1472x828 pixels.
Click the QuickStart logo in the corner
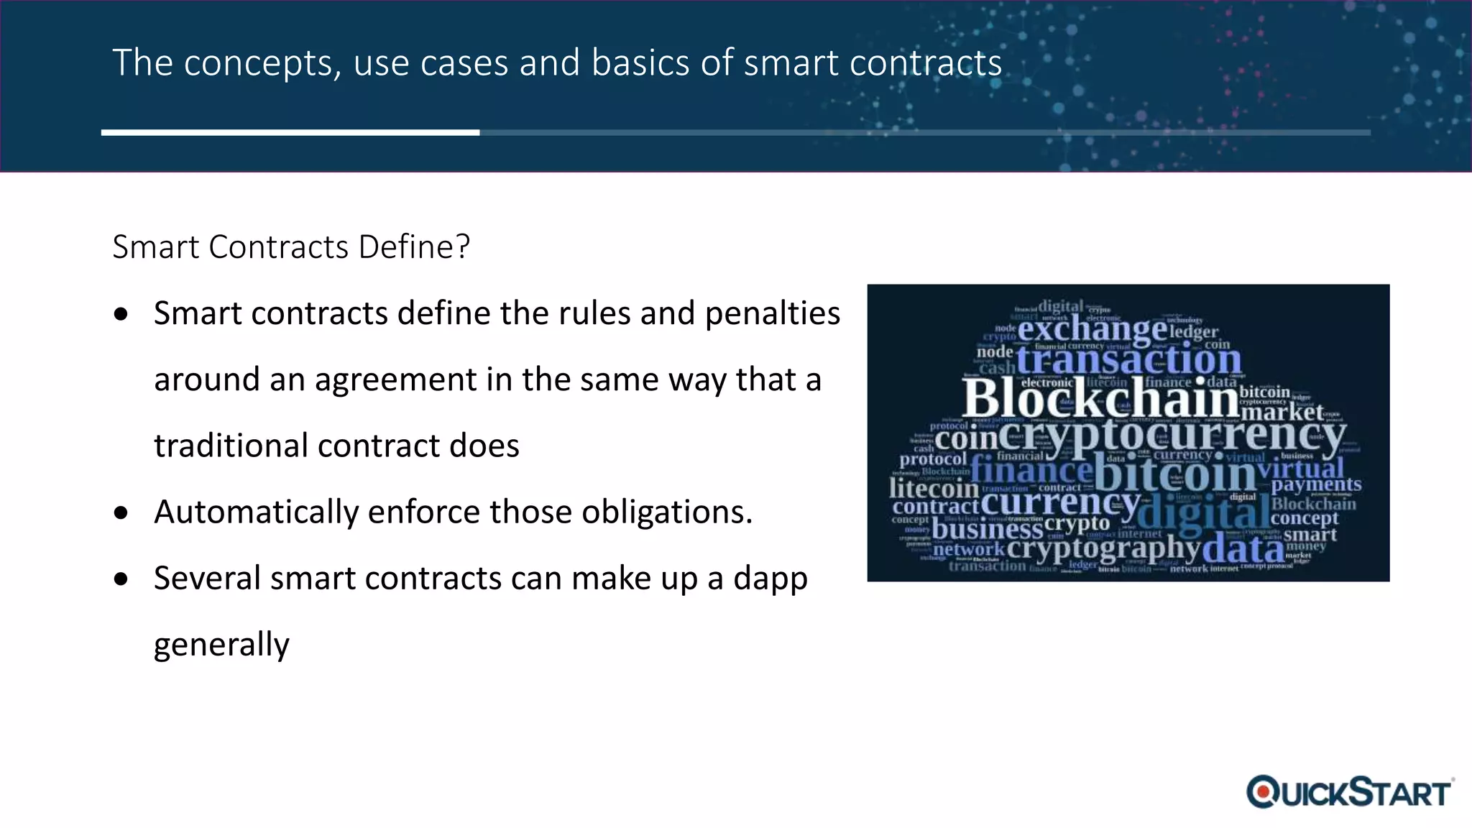tap(1350, 793)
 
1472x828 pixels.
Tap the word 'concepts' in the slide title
tap(262, 63)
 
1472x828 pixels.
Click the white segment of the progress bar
tap(290, 132)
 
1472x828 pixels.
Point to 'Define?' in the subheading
tap(414, 247)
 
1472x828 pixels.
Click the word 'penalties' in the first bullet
tap(772, 313)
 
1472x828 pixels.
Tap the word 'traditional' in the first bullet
tap(231, 446)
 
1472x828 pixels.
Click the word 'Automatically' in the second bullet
tap(256, 512)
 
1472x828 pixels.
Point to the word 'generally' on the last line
tap(221, 645)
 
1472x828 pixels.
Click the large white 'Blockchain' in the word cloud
tap(1100, 399)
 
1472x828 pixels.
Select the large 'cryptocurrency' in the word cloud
tap(1172, 436)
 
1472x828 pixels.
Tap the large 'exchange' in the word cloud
tap(1092, 330)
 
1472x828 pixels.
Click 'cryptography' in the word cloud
tap(1103, 550)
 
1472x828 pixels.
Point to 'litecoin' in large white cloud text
tap(934, 489)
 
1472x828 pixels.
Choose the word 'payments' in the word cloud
tap(1316, 485)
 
